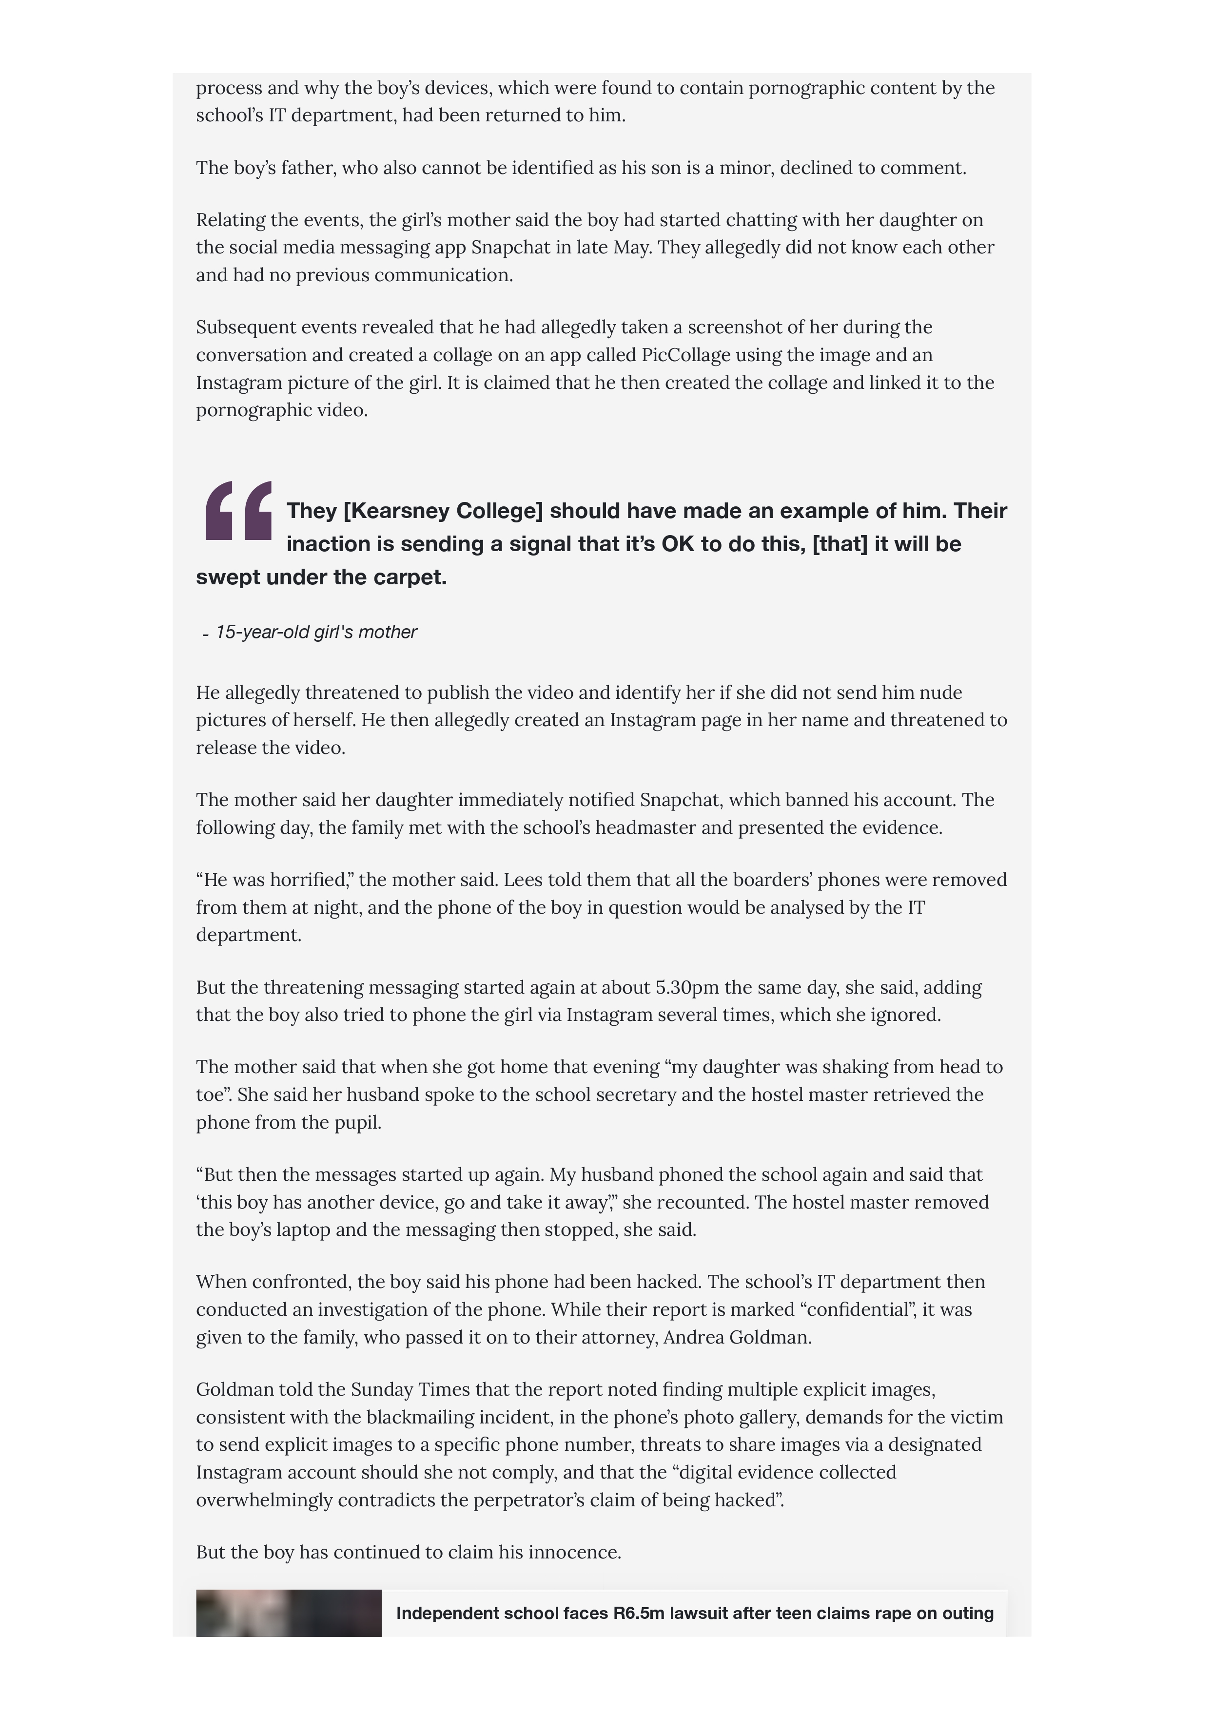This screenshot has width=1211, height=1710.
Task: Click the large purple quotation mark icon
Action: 238,511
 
